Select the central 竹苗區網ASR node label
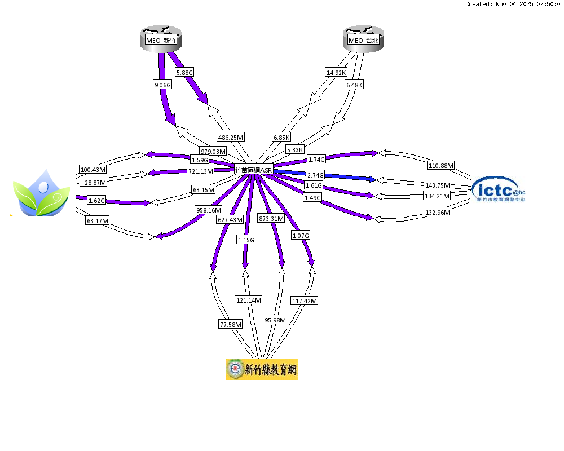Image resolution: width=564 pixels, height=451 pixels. [x=254, y=169]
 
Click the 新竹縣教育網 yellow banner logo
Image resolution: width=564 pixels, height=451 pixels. [x=262, y=369]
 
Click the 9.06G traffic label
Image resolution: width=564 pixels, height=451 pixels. [x=161, y=85]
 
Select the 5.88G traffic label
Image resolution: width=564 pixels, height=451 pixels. [x=184, y=73]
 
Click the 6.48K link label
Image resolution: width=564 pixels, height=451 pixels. [x=354, y=85]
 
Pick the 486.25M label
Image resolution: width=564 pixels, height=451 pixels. [x=231, y=137]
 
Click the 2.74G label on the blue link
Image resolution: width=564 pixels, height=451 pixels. [x=315, y=175]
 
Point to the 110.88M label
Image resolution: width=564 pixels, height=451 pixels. [x=441, y=165]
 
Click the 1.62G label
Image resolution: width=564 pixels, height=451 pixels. [x=96, y=201]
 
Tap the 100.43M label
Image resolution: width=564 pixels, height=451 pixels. [x=93, y=170]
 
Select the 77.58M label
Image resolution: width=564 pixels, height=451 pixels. [x=230, y=324]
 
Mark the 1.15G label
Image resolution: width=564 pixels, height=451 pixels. [x=245, y=240]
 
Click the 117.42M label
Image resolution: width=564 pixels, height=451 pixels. [x=304, y=301]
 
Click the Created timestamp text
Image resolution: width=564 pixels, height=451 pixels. [x=513, y=4]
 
